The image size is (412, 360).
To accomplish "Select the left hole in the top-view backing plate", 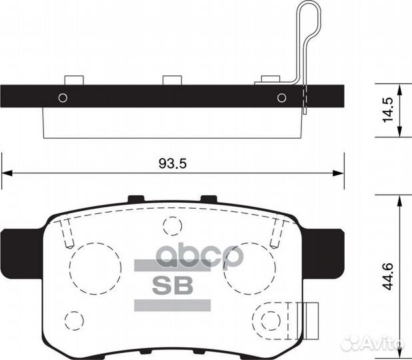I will (x=63, y=97).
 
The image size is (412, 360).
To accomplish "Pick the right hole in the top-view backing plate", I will (x=282, y=97).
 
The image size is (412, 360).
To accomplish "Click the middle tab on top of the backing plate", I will (x=173, y=81).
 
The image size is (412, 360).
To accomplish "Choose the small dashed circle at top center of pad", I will (x=172, y=226).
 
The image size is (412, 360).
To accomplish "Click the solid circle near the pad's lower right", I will (x=269, y=319).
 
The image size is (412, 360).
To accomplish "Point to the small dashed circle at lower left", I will (x=77, y=317).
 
